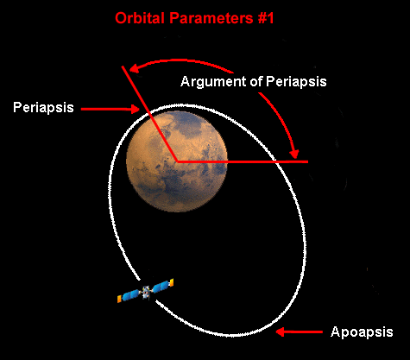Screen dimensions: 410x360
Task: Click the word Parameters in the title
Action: click(x=211, y=18)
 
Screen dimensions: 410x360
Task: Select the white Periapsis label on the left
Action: click(x=43, y=108)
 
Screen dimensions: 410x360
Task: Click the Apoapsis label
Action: click(x=362, y=332)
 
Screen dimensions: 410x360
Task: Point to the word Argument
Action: click(x=213, y=82)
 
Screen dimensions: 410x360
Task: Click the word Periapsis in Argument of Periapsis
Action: click(x=296, y=82)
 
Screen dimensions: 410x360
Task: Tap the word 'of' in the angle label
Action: click(x=255, y=81)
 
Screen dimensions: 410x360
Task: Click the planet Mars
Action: click(x=177, y=161)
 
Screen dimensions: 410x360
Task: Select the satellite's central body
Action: click(x=145, y=292)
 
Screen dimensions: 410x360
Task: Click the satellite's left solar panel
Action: click(x=129, y=296)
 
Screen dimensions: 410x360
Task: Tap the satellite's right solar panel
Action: click(x=162, y=285)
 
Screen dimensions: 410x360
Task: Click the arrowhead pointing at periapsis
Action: click(x=135, y=109)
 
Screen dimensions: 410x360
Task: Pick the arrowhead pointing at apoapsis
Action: click(x=281, y=332)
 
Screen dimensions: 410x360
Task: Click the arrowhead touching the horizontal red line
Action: click(x=294, y=154)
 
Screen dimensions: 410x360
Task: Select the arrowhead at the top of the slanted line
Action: click(x=134, y=68)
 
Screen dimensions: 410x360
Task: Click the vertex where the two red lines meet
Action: click(x=177, y=161)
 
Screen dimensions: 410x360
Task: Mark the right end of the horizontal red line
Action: click(x=308, y=162)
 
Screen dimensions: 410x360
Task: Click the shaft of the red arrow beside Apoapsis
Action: click(x=304, y=332)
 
